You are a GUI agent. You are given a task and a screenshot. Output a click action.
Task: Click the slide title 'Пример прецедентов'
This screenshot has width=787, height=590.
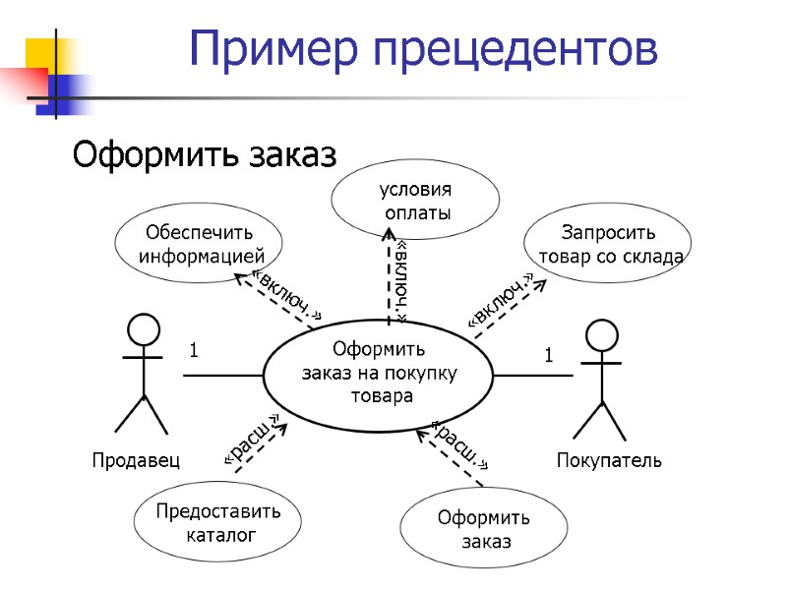click(423, 48)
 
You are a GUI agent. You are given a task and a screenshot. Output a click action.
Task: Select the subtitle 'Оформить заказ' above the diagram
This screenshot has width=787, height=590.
click(206, 155)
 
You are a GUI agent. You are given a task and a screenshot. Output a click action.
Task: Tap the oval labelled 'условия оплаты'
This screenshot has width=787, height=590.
click(416, 201)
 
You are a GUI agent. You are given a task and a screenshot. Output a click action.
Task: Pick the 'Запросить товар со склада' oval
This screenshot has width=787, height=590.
click(608, 244)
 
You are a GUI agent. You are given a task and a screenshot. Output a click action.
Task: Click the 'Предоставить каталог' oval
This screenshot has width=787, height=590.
click(219, 523)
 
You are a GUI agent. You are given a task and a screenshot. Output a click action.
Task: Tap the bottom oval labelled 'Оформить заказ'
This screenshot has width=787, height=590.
click(485, 529)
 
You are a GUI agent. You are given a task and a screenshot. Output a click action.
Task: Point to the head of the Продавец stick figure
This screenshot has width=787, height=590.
click(144, 328)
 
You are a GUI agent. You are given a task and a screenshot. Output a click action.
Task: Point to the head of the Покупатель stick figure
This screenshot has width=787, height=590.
click(600, 332)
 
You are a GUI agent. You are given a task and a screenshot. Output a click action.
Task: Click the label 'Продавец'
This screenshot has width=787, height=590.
click(136, 460)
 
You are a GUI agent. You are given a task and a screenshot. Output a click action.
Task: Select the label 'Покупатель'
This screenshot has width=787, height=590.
click(609, 460)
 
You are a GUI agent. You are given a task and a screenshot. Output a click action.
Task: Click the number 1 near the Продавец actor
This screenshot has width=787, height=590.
click(194, 350)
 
